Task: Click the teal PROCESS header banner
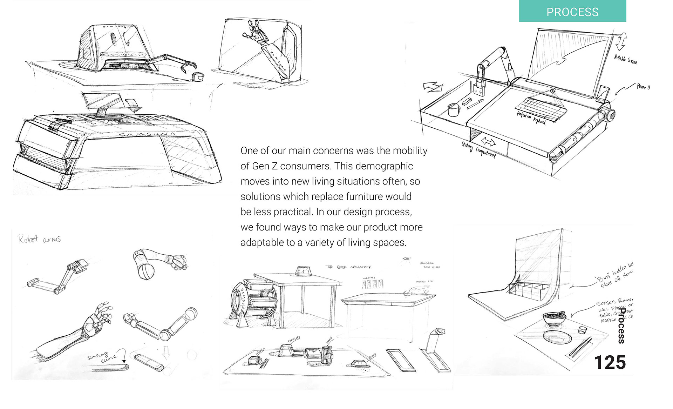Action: [x=572, y=12]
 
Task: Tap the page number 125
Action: [x=610, y=362]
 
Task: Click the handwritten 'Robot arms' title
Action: [x=40, y=239]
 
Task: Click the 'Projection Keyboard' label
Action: [x=531, y=118]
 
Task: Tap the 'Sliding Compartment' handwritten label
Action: [x=478, y=150]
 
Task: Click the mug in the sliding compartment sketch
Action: [x=454, y=109]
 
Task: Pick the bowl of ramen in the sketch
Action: [x=554, y=318]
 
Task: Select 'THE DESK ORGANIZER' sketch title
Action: [x=349, y=267]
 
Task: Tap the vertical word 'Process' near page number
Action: [x=621, y=326]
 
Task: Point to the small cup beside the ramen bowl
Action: [x=582, y=330]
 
